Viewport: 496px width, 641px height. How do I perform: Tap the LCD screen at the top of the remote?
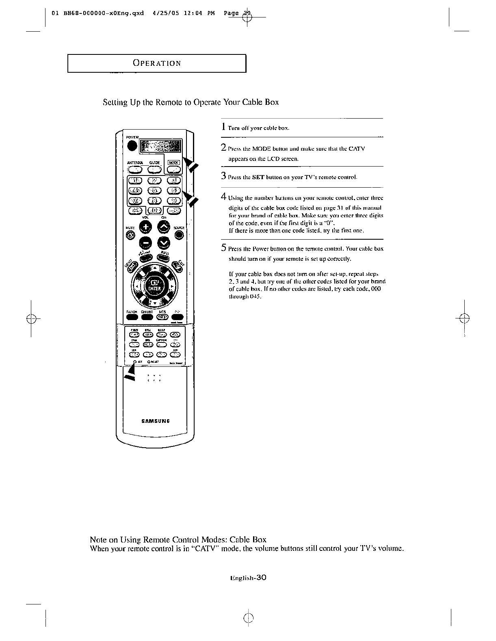point(160,147)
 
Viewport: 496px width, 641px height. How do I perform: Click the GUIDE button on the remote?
point(154,170)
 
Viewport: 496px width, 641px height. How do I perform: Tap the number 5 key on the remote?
point(154,191)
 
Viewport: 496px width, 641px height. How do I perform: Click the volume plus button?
point(146,227)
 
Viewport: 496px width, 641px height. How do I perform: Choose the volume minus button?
point(146,243)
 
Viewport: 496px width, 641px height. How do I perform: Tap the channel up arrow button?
point(164,227)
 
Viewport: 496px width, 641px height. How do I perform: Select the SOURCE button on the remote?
point(179,235)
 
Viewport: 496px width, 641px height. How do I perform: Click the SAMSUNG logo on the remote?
point(155,421)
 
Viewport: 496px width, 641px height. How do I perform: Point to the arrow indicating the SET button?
point(130,372)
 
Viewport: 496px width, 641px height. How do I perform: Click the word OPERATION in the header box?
point(157,63)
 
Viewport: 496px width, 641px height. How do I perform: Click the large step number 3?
point(223,176)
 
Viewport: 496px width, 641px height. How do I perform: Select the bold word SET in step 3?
point(258,178)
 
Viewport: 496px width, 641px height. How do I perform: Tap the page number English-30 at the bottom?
point(248,578)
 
